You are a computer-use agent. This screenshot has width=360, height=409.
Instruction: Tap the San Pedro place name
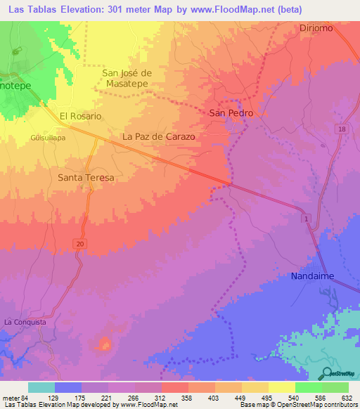point(231,112)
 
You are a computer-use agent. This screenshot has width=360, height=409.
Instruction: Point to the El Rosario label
point(80,116)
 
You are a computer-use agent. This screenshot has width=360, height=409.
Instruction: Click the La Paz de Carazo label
point(158,136)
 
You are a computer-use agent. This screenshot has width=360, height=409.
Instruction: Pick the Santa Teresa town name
point(86,178)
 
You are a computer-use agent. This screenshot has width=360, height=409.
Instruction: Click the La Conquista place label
point(25,322)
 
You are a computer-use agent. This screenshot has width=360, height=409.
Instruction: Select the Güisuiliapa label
point(48,138)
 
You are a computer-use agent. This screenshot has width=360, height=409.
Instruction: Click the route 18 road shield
point(342,129)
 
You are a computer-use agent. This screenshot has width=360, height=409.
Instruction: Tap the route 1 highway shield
point(307,220)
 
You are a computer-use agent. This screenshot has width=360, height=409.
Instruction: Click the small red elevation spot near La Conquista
point(105,344)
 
